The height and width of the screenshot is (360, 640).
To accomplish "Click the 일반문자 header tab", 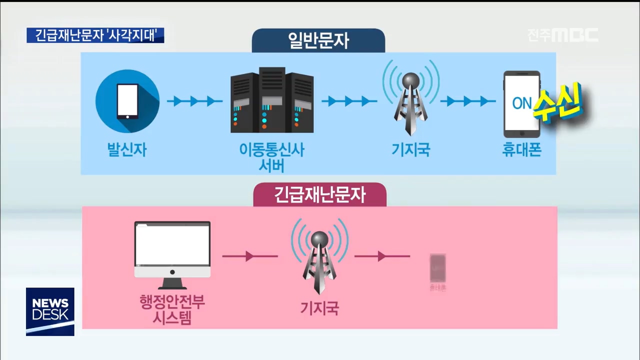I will (318, 40).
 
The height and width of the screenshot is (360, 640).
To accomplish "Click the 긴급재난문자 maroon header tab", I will (320, 194).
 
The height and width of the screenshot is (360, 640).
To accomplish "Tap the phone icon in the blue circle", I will (127, 101).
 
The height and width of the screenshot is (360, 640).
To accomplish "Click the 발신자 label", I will (127, 150).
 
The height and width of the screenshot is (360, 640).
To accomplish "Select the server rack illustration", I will (272, 101).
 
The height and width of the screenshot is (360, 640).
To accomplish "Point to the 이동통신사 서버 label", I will (272, 157).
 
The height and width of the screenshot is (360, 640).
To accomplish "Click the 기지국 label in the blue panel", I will (411, 150).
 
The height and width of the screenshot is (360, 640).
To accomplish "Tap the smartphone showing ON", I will (521, 104).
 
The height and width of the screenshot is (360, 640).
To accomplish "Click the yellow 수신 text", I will (557, 103).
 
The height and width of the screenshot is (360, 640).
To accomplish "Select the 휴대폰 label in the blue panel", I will (521, 150).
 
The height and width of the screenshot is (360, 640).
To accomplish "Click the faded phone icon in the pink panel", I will (437, 268).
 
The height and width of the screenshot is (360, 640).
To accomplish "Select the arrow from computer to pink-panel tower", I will (250, 256).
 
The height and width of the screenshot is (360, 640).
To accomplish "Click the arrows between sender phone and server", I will (194, 101).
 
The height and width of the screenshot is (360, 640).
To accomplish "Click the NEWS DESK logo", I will (50, 311).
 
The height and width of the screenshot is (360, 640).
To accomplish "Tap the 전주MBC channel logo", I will (563, 35).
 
